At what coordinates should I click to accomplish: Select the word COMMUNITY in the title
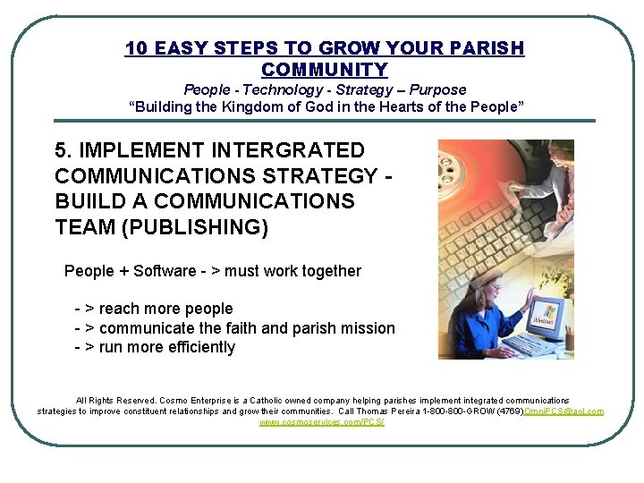[x=325, y=70]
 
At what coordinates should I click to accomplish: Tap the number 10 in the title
[x=136, y=48]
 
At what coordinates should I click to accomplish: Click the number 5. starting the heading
[x=63, y=150]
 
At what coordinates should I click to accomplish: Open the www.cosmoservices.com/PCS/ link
[x=322, y=421]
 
